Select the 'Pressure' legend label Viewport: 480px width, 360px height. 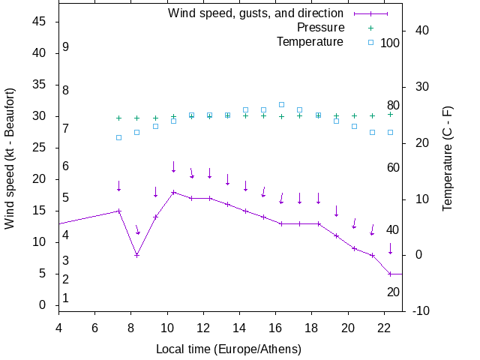click(x=320, y=28)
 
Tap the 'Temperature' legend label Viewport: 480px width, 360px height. click(x=310, y=42)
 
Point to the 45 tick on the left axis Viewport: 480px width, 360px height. click(x=40, y=22)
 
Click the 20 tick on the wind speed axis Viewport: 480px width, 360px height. click(x=40, y=179)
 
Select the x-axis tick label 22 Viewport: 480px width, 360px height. click(x=384, y=328)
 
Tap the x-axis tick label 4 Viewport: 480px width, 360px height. click(x=58, y=328)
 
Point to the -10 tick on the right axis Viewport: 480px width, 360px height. click(x=421, y=311)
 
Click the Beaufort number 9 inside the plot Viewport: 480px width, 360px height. click(x=66, y=47)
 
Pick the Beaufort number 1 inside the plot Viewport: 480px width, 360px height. click(x=66, y=298)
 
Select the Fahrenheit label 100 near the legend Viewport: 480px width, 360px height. click(x=390, y=43)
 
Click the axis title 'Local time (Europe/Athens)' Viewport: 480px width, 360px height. click(x=228, y=349)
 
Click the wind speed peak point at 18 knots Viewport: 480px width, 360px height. click(x=173, y=192)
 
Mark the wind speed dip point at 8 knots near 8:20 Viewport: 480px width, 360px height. click(x=137, y=255)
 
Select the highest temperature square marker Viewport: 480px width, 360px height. click(x=281, y=105)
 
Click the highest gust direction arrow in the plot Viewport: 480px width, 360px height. click(x=173, y=167)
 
